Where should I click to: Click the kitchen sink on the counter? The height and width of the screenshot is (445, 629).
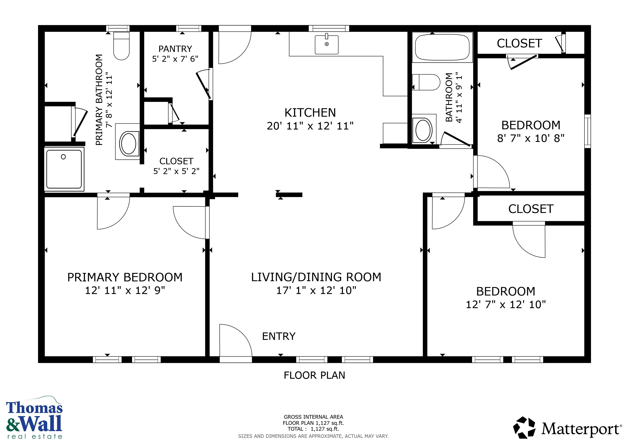pyautogui.click(x=326, y=45)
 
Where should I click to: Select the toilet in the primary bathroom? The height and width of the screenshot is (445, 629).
pyautogui.click(x=121, y=46)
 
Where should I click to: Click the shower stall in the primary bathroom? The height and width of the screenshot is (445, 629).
pyautogui.click(x=64, y=169)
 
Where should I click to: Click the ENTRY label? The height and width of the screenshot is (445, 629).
pyautogui.click(x=279, y=336)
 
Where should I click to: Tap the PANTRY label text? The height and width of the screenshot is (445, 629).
pyautogui.click(x=175, y=49)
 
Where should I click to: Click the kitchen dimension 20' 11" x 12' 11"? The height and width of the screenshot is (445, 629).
pyautogui.click(x=310, y=126)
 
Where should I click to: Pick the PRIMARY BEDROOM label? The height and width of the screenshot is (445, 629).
pyautogui.click(x=125, y=277)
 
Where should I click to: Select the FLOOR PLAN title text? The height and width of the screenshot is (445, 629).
pyautogui.click(x=314, y=375)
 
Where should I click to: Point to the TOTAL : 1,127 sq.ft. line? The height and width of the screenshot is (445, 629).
pyautogui.click(x=313, y=429)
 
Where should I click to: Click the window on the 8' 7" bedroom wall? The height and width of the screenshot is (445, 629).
pyautogui.click(x=587, y=131)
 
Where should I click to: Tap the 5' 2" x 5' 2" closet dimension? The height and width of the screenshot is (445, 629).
pyautogui.click(x=176, y=171)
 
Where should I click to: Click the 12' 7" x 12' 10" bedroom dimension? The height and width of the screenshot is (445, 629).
pyautogui.click(x=506, y=304)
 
